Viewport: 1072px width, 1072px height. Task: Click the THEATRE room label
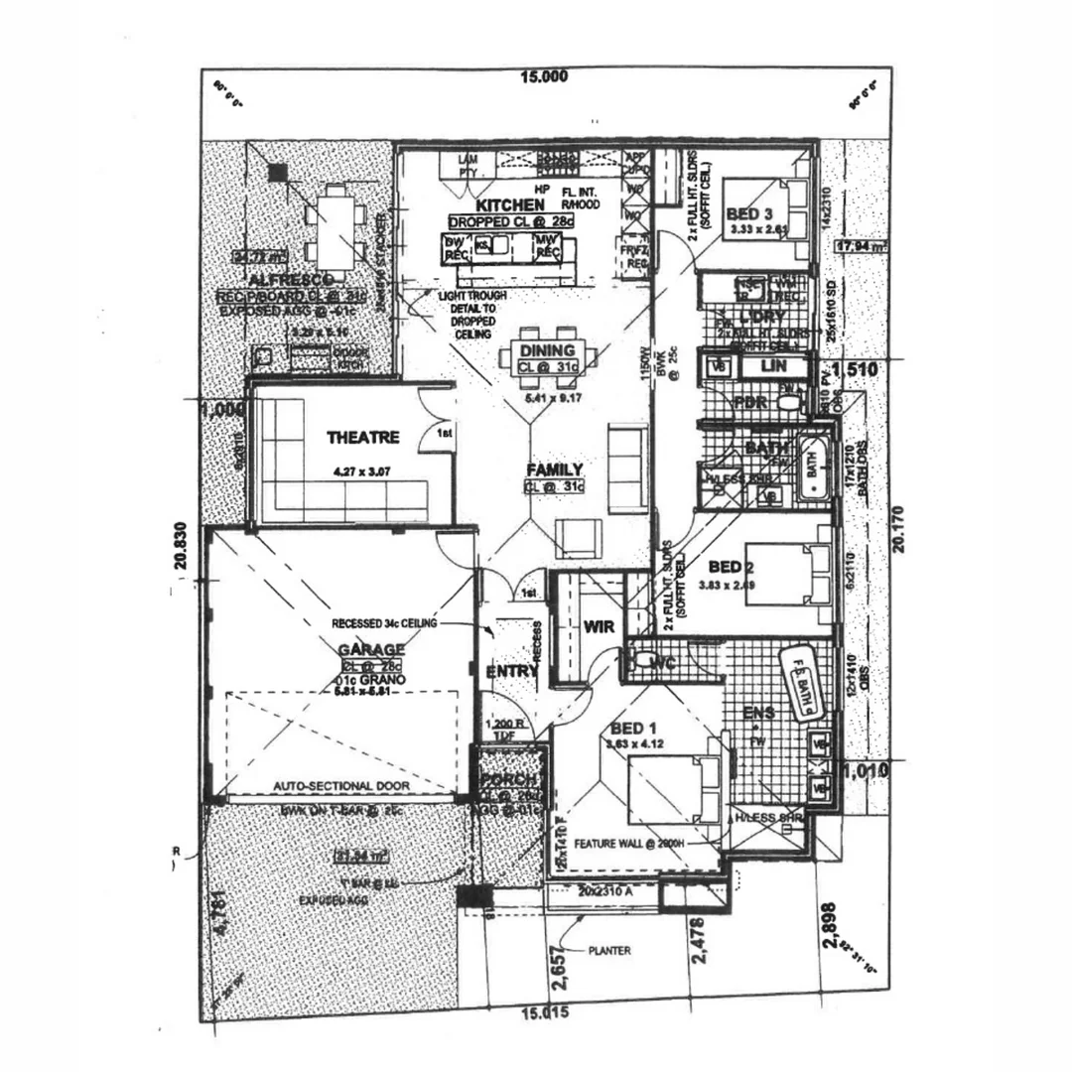pos(362,437)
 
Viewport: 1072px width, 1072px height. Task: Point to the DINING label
pos(547,350)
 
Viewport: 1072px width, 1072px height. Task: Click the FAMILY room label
pos(555,469)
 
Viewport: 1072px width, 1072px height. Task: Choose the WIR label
pos(599,627)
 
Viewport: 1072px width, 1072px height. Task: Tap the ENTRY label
pos(512,672)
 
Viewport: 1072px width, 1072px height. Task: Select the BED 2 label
pos(726,567)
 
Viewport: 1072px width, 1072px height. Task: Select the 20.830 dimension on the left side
pos(180,547)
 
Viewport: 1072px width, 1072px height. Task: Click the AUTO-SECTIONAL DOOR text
pos(341,786)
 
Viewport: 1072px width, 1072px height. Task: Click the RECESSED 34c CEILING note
pos(385,624)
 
